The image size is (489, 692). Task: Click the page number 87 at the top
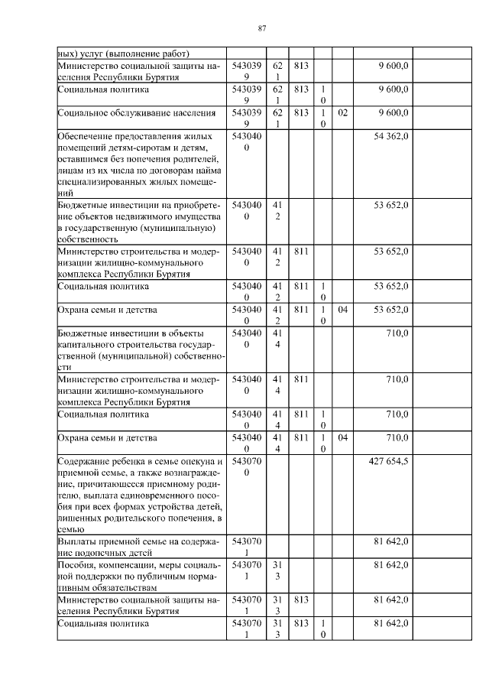coord(261,28)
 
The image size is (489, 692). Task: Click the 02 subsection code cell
coord(342,112)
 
